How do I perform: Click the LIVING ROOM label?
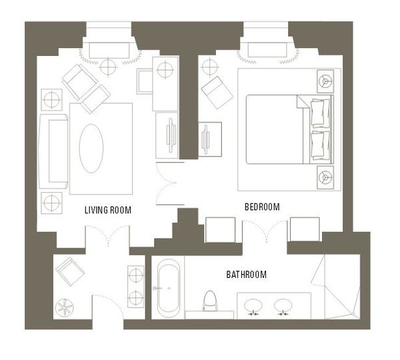pos(108,210)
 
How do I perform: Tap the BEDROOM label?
pos(262,207)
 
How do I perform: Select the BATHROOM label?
pos(247,275)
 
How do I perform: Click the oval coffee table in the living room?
pos(91,149)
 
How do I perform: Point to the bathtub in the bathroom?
pos(168,288)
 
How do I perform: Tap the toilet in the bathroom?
pos(210,301)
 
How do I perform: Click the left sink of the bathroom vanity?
pos(253,306)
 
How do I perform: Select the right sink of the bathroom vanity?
pos(283,306)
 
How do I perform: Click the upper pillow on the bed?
pos(320,113)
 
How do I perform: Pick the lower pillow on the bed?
pos(320,145)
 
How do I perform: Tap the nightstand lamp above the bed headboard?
pos(325,81)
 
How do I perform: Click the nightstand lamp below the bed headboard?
pos(325,177)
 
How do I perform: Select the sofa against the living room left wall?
pos(53,151)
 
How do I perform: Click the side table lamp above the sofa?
pos(51,100)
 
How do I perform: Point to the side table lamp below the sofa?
pos(51,203)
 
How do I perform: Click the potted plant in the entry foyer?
pos(64,308)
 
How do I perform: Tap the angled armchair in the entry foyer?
pos(70,272)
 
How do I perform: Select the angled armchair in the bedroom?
pos(217,93)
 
